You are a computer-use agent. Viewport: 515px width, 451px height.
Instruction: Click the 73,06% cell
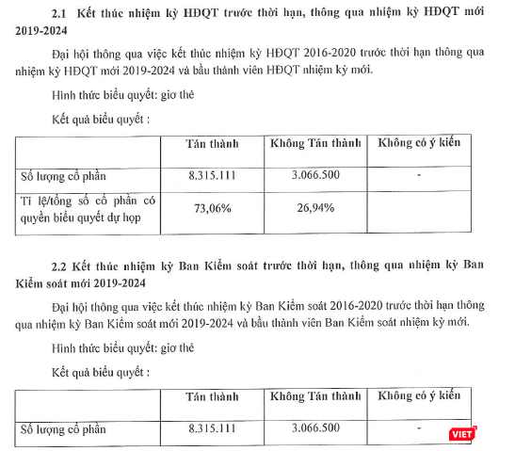tap(213, 208)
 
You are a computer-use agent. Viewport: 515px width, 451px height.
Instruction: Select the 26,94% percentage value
tap(315, 208)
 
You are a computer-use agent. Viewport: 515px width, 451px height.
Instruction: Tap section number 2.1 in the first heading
tap(62, 13)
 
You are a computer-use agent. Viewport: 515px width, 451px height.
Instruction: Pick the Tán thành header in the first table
tap(213, 144)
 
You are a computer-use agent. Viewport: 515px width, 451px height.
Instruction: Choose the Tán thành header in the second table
tap(213, 396)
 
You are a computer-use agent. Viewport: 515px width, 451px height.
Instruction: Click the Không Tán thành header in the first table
tap(315, 144)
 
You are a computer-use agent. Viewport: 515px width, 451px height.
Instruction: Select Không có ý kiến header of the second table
tap(418, 396)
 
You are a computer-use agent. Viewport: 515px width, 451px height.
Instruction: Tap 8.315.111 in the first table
tap(213, 175)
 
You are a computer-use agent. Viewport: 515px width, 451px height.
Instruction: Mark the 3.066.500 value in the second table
tap(315, 428)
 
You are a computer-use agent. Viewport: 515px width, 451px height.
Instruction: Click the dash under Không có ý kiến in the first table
tap(418, 175)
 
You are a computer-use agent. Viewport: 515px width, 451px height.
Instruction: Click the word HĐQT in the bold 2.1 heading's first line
tap(227, 13)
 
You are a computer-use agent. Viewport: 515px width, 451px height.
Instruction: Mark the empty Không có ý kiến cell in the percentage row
tap(418, 208)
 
